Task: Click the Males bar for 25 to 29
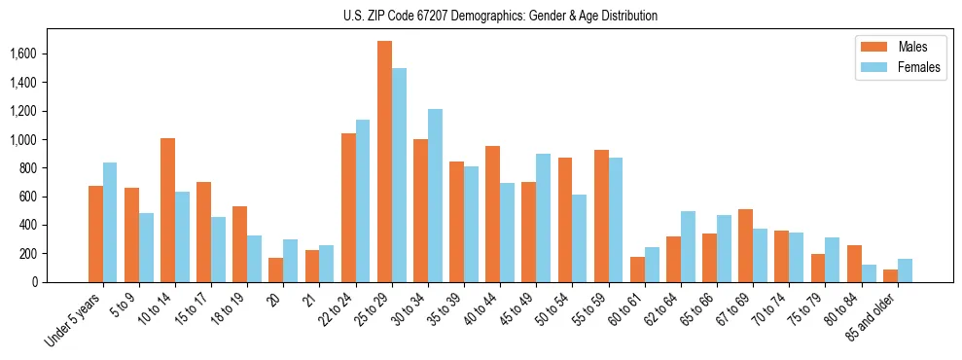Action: (384, 162)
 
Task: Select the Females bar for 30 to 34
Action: (435, 196)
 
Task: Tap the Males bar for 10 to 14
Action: (167, 210)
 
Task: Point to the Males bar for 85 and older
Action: (890, 275)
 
